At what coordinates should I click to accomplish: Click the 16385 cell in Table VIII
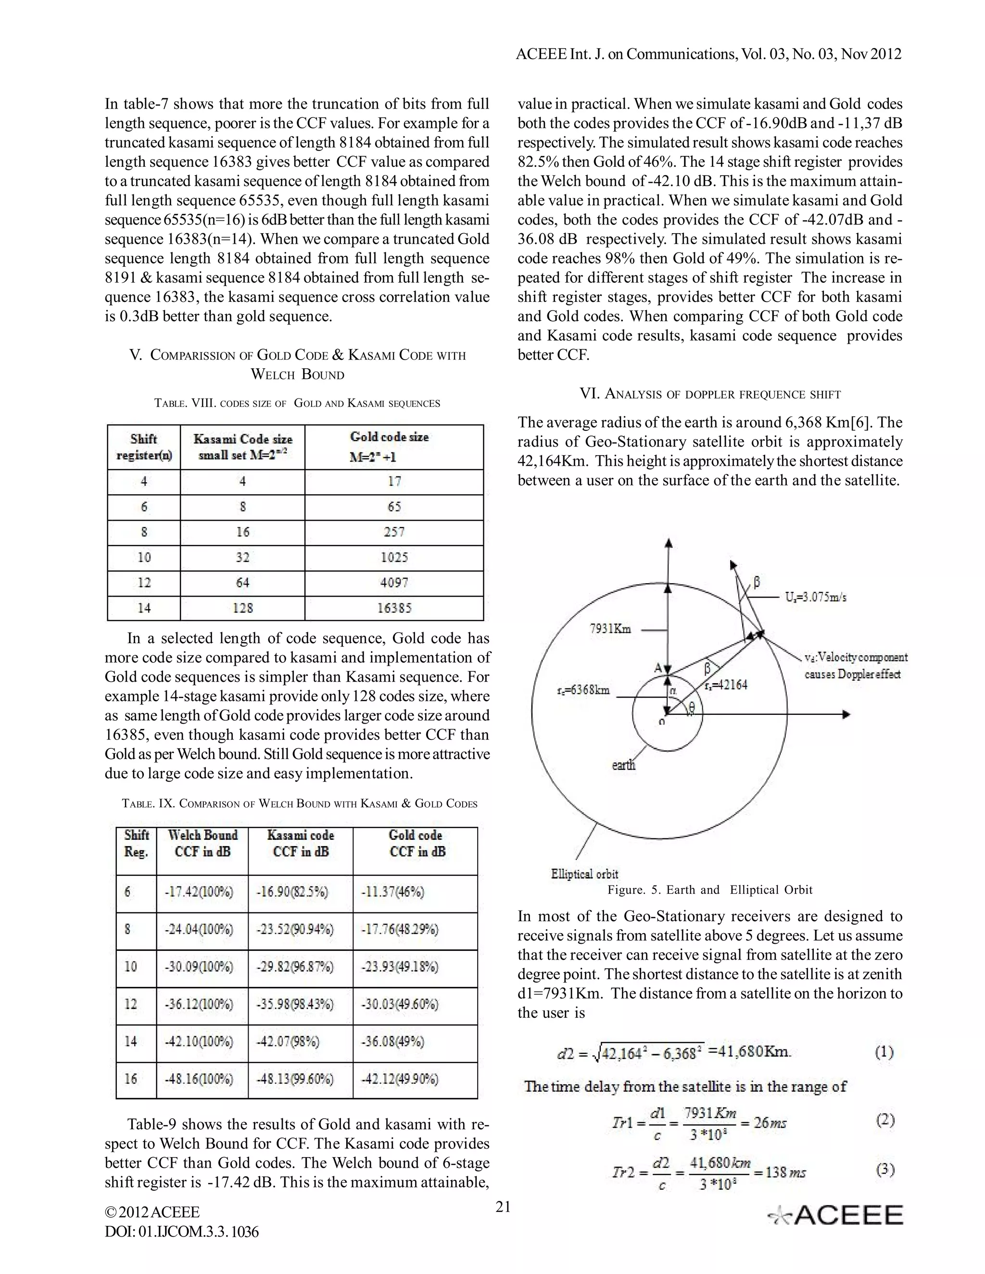(394, 608)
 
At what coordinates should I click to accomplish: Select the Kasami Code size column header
(243, 447)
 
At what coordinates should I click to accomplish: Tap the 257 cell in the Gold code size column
(394, 532)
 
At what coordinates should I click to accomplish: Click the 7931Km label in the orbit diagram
(610, 629)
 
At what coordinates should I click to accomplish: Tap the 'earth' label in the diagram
(623, 765)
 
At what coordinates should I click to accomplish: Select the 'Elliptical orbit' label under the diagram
(584, 874)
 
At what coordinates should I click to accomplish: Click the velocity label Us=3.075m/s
(816, 597)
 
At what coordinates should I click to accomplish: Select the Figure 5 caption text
(709, 889)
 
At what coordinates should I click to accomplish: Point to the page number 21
(503, 1207)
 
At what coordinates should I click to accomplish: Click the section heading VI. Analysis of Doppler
(709, 394)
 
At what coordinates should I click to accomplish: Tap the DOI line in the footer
(181, 1231)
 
